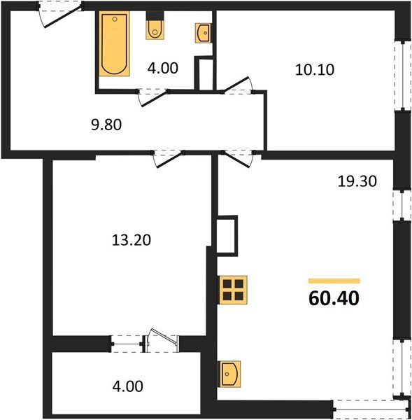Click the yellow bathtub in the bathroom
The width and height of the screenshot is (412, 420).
tap(113, 43)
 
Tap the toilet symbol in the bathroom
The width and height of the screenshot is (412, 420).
tap(155, 29)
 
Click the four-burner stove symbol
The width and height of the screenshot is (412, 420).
tap(234, 288)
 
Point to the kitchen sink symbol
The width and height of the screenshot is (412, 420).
tap(229, 374)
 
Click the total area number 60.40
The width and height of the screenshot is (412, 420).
tap(334, 300)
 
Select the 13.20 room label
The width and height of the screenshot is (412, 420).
tap(132, 240)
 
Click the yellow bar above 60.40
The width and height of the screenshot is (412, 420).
tap(334, 281)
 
